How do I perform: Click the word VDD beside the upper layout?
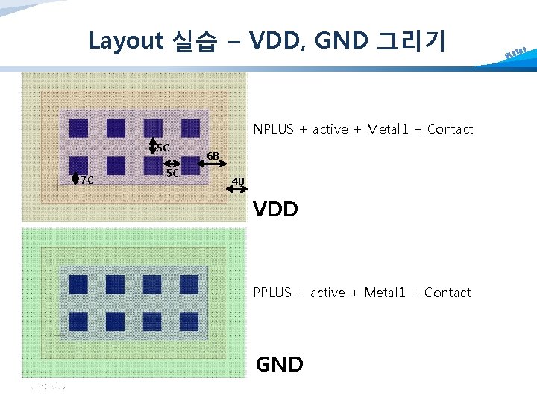275,210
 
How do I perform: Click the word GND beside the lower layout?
280,365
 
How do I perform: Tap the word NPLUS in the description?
274,129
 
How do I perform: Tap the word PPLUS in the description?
272,293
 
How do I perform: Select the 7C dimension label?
87,179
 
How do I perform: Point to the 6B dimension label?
213,156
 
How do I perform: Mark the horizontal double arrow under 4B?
238,191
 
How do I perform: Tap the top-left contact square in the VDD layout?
78,128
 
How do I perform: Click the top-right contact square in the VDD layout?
191,128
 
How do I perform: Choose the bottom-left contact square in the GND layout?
78,322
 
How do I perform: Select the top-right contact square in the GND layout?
189,284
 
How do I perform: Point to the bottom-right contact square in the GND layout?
189,322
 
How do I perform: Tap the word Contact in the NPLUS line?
450,129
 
